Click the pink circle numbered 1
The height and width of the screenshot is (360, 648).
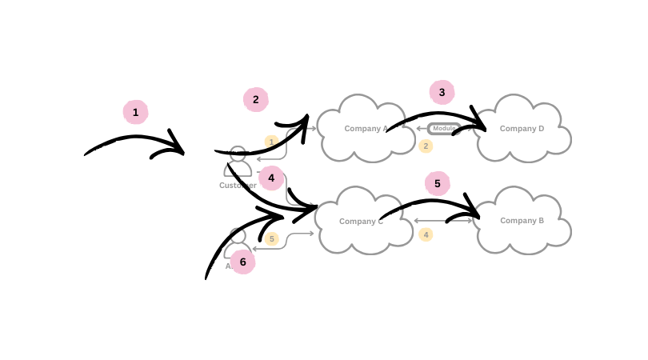tap(135, 112)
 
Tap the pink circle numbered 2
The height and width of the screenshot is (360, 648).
tap(255, 99)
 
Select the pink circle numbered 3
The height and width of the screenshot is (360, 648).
tap(442, 92)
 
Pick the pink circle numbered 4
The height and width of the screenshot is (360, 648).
tap(271, 178)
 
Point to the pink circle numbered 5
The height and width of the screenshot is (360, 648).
tap(437, 183)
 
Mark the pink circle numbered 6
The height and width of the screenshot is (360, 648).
tap(242, 262)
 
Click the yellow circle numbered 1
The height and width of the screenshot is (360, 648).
tap(271, 142)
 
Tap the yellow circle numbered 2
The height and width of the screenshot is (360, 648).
tap(426, 146)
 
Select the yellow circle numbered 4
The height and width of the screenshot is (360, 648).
tap(426, 234)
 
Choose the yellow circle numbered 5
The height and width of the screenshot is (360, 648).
tap(271, 238)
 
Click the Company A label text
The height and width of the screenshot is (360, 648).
tap(366, 128)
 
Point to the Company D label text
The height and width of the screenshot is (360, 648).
tap(522, 128)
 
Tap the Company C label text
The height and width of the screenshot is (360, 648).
tap(361, 221)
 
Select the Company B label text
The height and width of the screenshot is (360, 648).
tap(522, 220)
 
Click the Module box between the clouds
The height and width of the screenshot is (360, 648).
tap(443, 128)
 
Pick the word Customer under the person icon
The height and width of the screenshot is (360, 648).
tap(238, 185)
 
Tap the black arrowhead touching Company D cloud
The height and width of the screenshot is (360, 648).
tap(479, 125)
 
